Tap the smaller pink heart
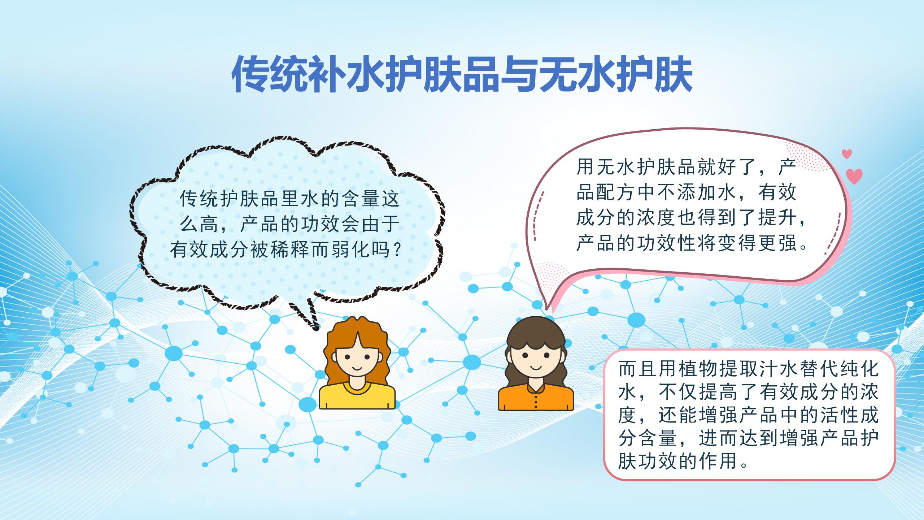click(x=847, y=154)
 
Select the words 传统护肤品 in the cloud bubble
click(x=230, y=199)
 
